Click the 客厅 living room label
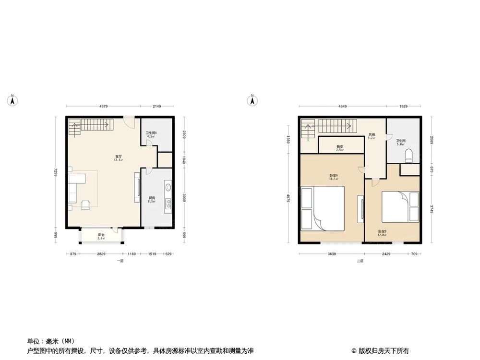[x=118, y=158]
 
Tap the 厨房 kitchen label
[x=152, y=199]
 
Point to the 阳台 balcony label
[x=101, y=236]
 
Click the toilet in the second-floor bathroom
[x=409, y=154]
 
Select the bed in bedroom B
[x=400, y=206]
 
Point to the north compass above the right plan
[x=252, y=100]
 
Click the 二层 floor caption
[x=360, y=261]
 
